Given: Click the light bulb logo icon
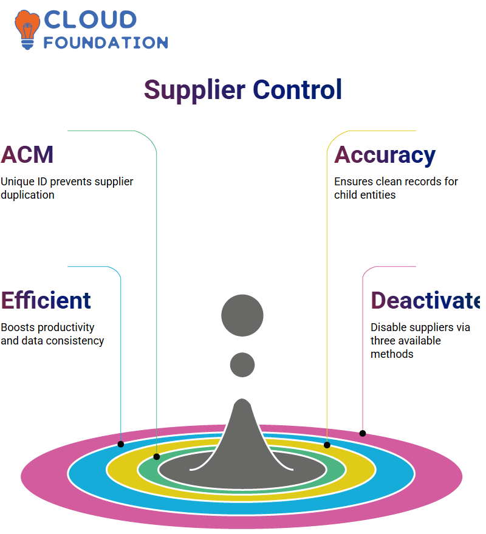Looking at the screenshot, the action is (27, 30).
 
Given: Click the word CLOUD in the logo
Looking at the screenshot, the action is (91, 20).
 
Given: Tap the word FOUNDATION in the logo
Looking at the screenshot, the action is (106, 43).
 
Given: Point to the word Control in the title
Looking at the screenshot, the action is (297, 89).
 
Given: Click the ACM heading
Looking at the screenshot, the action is (27, 155).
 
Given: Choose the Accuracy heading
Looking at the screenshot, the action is (385, 156).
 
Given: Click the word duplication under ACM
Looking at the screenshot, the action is (27, 195).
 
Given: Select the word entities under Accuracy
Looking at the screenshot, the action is (378, 195).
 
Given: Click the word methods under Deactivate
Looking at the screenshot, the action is (392, 354).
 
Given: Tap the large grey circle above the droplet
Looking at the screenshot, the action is (242, 315).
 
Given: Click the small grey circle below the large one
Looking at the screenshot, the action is (242, 365).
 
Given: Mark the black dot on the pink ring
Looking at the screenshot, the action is (363, 434).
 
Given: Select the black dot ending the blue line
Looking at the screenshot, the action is (120, 444).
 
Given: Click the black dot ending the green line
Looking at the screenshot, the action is (157, 457).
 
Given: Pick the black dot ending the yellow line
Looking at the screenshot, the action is (327, 445).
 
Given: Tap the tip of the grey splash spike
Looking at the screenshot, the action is (242, 399).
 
